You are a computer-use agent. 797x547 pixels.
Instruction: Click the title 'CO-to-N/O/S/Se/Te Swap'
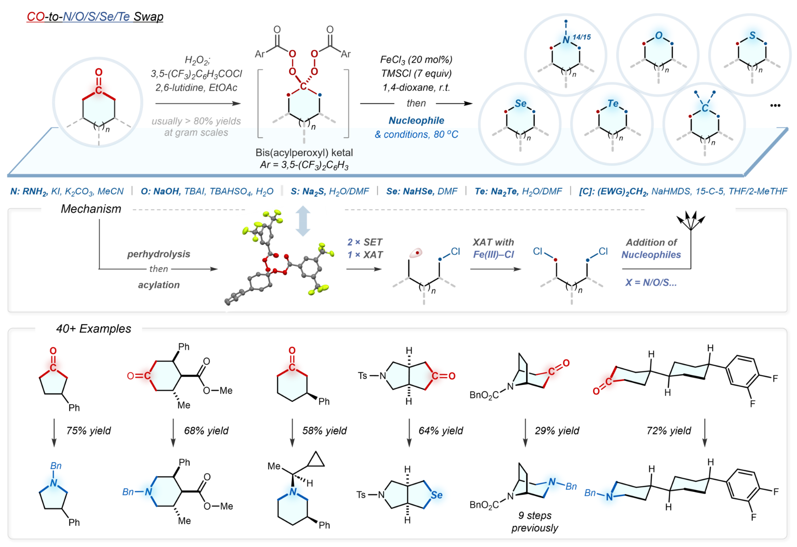click(x=95, y=17)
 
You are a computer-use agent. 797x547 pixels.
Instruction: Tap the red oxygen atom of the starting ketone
click(x=99, y=73)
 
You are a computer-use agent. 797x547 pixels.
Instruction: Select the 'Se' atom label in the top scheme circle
click(x=521, y=104)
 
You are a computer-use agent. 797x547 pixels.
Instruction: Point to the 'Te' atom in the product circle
click(x=613, y=104)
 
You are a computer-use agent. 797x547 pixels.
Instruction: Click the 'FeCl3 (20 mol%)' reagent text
click(x=416, y=60)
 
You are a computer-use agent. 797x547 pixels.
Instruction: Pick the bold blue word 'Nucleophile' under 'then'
click(x=416, y=121)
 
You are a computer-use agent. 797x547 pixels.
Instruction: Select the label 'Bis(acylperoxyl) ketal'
click(x=304, y=152)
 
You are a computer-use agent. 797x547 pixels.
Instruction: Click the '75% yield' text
click(x=89, y=431)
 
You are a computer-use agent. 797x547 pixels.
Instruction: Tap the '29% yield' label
click(x=557, y=431)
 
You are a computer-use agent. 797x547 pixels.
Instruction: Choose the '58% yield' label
click(x=324, y=431)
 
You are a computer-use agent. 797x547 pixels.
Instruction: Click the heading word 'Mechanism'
click(x=91, y=209)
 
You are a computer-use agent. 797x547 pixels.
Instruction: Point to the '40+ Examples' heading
click(x=94, y=329)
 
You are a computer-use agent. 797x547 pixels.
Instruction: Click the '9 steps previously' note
click(x=535, y=522)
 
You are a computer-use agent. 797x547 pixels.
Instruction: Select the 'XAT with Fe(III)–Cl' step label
click(x=494, y=248)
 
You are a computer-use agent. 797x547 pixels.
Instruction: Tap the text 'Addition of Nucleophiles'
click(x=651, y=248)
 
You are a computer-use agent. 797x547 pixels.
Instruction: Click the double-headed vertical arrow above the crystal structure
click(x=303, y=221)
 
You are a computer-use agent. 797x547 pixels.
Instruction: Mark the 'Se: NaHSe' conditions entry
click(x=421, y=192)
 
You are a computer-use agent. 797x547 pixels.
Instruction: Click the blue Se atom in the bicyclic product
click(x=437, y=495)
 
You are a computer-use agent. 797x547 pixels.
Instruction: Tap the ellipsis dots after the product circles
click(x=775, y=106)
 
